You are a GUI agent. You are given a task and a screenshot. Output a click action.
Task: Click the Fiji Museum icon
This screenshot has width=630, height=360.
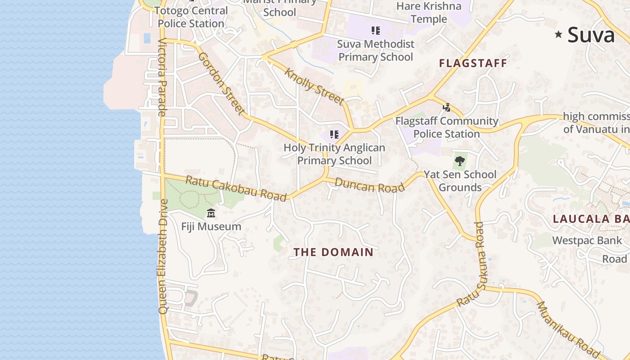coord(211,213)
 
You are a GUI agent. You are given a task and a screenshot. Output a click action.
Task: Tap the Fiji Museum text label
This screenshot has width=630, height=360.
coord(211,226)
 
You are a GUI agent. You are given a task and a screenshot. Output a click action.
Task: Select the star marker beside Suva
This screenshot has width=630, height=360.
coord(558,34)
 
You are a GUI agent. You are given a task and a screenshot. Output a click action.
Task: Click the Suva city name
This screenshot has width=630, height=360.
coord(591,35)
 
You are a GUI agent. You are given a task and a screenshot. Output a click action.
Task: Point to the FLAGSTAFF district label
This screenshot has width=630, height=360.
coord(473,63)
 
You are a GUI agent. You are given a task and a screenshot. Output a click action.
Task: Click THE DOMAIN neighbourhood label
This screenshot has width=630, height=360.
coord(333,252)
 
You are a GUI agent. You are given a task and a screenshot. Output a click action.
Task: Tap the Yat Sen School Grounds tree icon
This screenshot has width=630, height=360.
coord(459,161)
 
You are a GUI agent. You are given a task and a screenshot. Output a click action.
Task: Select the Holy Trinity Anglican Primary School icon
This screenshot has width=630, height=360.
coord(334,134)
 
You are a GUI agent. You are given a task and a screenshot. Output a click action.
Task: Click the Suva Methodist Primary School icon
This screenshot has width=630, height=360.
coord(376,31)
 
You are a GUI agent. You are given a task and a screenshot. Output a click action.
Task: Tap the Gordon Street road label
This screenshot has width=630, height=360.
coord(222,84)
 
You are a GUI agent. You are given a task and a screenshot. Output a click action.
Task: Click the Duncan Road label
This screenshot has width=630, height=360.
coord(369,185)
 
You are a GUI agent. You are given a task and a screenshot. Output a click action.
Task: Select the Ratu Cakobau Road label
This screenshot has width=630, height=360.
coord(236,189)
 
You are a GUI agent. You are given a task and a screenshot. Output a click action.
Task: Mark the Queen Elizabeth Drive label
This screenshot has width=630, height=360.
coord(163,256)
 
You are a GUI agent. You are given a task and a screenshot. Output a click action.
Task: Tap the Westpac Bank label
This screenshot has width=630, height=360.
coord(587,240)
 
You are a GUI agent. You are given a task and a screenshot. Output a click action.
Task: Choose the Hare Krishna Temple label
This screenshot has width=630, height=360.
coord(429,13)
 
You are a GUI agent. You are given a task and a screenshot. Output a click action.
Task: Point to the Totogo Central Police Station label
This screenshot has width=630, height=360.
coord(191,17)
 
